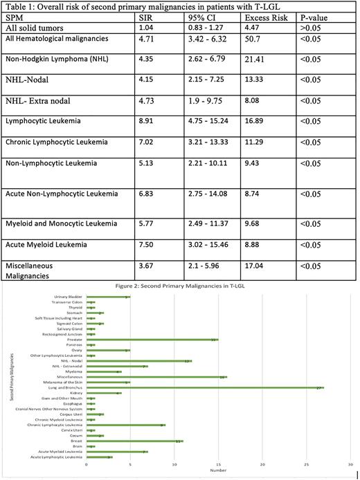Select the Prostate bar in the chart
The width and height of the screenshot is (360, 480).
coord(152,340)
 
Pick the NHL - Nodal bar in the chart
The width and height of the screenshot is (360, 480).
coord(138,361)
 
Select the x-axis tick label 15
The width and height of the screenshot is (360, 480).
coord(219,464)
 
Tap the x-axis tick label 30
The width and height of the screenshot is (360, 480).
coord(352,464)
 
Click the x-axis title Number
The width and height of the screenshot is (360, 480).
coord(219,472)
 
